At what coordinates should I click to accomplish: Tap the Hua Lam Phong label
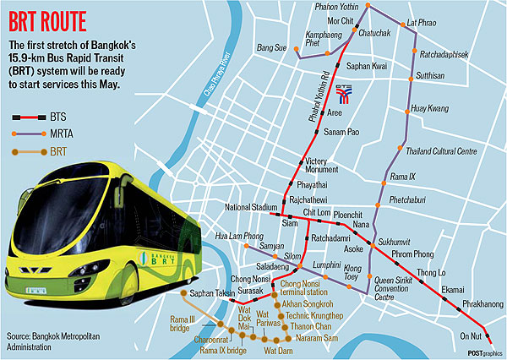(x=235, y=237)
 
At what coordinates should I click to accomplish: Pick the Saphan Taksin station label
(x=210, y=292)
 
